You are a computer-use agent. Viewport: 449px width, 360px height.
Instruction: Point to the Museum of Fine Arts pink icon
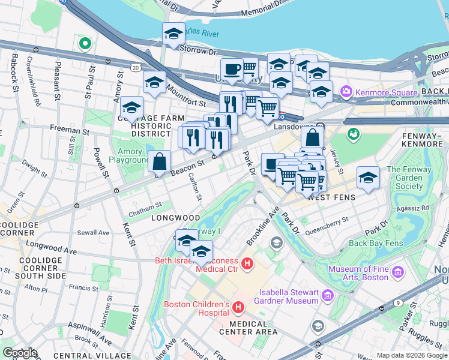[397, 273]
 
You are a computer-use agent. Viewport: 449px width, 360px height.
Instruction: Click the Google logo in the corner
[20, 353]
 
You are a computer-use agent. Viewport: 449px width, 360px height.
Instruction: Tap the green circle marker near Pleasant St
[85, 43]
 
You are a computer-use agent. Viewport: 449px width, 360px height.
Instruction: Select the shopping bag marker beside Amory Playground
[160, 161]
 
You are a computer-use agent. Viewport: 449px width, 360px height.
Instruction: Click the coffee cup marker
[231, 69]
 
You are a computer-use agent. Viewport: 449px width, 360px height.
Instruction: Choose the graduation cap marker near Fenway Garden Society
[368, 178]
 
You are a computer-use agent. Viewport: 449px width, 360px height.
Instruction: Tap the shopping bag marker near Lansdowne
[312, 137]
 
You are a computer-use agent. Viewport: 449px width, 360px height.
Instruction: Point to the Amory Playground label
[128, 156]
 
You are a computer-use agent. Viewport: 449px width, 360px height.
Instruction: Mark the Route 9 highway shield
[399, 302]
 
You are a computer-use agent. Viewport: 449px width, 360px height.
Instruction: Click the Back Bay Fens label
[375, 243]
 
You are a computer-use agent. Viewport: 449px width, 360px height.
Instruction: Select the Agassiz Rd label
[417, 208]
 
